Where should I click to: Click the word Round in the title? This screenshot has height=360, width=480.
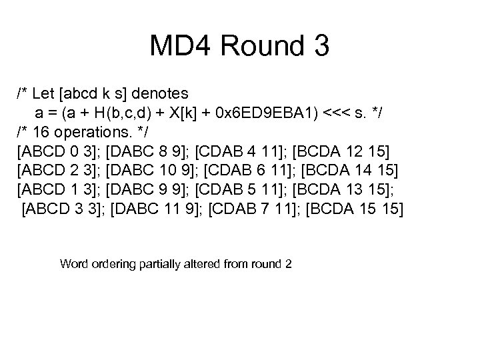coord(253,46)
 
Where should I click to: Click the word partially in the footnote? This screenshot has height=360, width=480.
coord(161,263)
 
